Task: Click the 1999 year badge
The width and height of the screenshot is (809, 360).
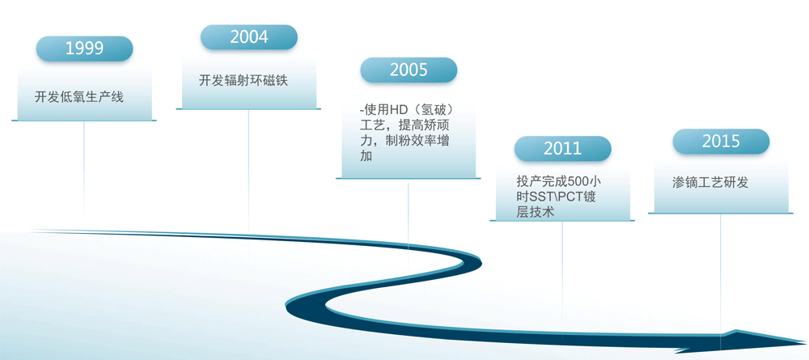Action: coord(85,49)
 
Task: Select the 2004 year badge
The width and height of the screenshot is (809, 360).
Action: coord(249,37)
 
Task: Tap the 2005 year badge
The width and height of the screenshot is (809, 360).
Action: coord(409,70)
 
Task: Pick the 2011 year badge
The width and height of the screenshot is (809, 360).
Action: coord(562,149)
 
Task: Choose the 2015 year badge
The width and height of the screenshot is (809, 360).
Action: coord(721,142)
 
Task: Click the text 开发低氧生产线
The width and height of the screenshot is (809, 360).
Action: coord(79,97)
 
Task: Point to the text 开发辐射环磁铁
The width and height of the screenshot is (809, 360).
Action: coord(244,81)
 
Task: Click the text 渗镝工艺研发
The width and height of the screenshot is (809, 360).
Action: coord(710,182)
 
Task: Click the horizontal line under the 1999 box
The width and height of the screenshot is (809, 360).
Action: coord(84,121)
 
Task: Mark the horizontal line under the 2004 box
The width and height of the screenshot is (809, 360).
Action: coord(248,109)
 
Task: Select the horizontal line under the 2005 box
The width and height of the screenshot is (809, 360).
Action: coord(408,179)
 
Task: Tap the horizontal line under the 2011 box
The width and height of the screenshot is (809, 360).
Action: coord(562,221)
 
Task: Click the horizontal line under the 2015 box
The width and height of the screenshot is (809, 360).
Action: coord(721,214)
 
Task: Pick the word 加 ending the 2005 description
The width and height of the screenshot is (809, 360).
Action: coord(366,156)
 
